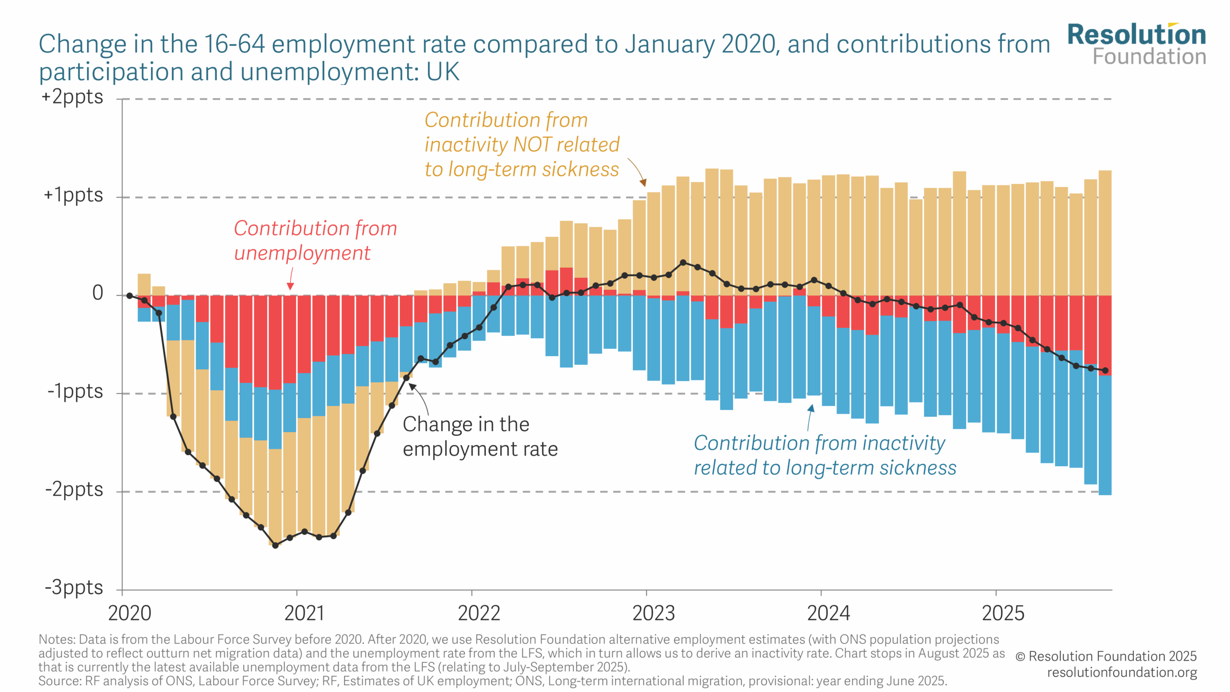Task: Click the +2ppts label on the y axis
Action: (72, 97)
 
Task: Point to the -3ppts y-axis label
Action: (74, 588)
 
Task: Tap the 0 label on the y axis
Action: (98, 293)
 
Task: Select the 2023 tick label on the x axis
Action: (653, 614)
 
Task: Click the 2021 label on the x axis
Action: (304, 614)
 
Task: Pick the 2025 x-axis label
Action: (1003, 614)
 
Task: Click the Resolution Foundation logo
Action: (1136, 44)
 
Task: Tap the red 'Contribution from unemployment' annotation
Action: (315, 240)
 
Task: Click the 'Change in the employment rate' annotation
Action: (480, 436)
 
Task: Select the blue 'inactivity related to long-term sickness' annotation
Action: (824, 455)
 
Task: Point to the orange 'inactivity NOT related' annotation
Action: (521, 144)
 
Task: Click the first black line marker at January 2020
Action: (130, 296)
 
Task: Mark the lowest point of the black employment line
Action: (275, 545)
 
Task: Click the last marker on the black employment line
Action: (1105, 371)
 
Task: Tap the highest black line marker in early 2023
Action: (683, 262)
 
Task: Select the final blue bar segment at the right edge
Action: (1105, 435)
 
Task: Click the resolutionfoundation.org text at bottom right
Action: (1121, 672)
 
